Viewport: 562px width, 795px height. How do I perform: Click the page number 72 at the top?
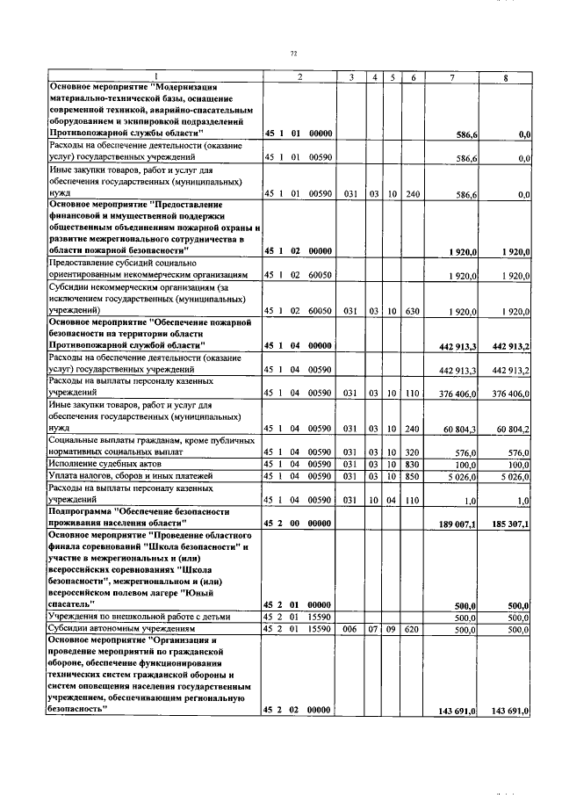click(x=293, y=54)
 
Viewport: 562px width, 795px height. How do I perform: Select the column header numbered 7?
click(x=451, y=78)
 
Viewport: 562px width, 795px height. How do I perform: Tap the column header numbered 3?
click(x=350, y=78)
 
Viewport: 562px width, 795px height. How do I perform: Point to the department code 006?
click(x=350, y=629)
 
